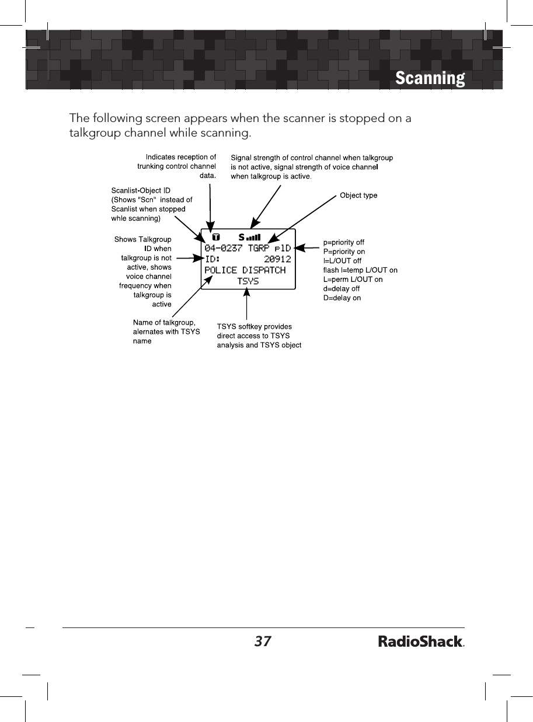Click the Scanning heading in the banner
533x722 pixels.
(430, 78)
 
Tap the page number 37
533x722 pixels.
(263, 641)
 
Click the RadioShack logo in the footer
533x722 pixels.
(421, 642)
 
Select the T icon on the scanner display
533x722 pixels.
(216, 238)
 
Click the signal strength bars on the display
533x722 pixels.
(253, 238)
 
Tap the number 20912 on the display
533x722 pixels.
(277, 259)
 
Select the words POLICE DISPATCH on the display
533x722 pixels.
(245, 270)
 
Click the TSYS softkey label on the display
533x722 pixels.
(248, 281)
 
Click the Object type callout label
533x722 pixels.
(358, 196)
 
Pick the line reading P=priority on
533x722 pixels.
(344, 252)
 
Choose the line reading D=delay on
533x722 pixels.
(342, 298)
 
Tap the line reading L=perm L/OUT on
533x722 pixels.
(353, 280)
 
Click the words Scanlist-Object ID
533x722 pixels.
(140, 190)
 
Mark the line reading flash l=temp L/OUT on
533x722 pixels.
(360, 270)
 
